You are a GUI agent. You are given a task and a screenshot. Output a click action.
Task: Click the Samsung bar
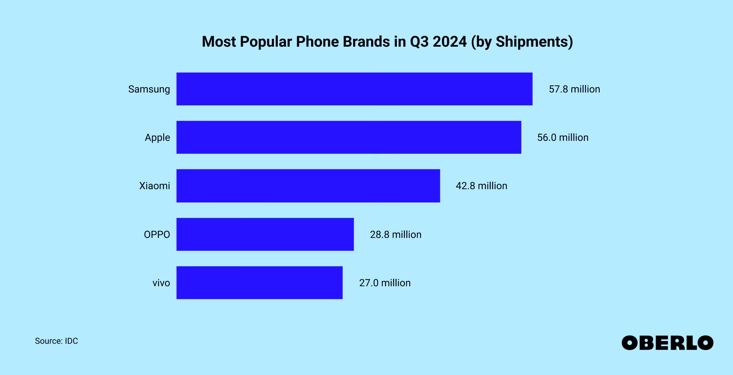tap(354, 89)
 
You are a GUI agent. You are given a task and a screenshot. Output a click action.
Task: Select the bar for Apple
tap(349, 137)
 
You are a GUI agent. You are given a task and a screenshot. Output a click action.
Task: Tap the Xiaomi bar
tap(308, 185)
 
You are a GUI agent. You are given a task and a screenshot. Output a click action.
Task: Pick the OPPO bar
tap(265, 234)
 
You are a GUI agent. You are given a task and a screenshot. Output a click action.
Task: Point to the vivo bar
tap(259, 282)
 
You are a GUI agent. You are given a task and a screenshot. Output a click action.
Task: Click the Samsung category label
tap(149, 89)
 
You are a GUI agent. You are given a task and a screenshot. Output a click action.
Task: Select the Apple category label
tap(157, 137)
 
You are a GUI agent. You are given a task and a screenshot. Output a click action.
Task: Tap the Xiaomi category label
tap(155, 186)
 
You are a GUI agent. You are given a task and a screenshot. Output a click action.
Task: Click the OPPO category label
tap(157, 235)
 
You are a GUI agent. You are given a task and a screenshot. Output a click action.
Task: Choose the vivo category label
tap(161, 283)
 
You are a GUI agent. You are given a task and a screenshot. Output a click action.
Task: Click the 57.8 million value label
tap(574, 89)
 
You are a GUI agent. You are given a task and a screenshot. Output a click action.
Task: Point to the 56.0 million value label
tap(563, 137)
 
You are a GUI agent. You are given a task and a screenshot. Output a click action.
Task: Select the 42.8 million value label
tap(481, 186)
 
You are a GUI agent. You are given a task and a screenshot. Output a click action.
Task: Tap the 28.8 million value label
tap(396, 235)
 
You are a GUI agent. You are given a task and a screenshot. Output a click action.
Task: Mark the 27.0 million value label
tap(385, 283)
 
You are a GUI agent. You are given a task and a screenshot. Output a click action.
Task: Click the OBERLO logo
tap(667, 343)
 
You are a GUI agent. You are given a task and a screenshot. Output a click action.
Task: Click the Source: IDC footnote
tap(56, 341)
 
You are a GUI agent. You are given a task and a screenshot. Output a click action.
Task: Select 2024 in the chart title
tap(449, 42)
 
